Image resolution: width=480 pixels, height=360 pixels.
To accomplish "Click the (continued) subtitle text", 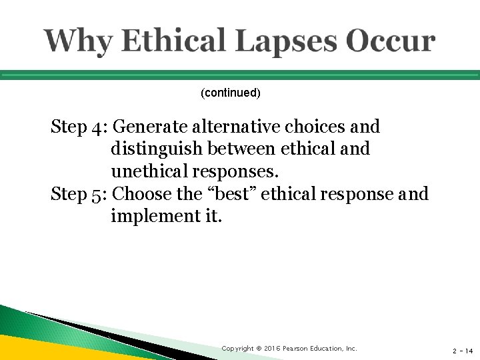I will click(x=231, y=93).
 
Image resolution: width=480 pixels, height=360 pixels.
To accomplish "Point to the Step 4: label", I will click(x=80, y=126).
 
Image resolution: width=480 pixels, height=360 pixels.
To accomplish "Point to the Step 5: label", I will click(x=80, y=194).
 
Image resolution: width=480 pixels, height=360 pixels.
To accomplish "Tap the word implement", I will click(x=149, y=217).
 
